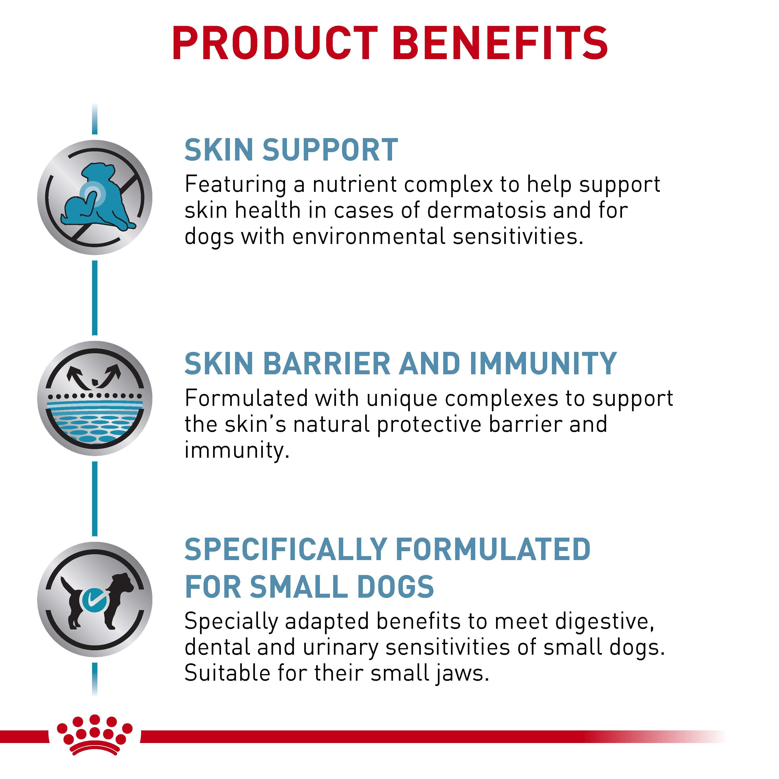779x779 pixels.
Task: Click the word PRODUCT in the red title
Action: pos(274,43)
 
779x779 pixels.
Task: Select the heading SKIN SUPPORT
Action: pos(291,150)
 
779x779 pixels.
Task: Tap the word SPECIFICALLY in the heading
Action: pos(286,550)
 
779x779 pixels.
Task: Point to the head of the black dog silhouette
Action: pos(121,583)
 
